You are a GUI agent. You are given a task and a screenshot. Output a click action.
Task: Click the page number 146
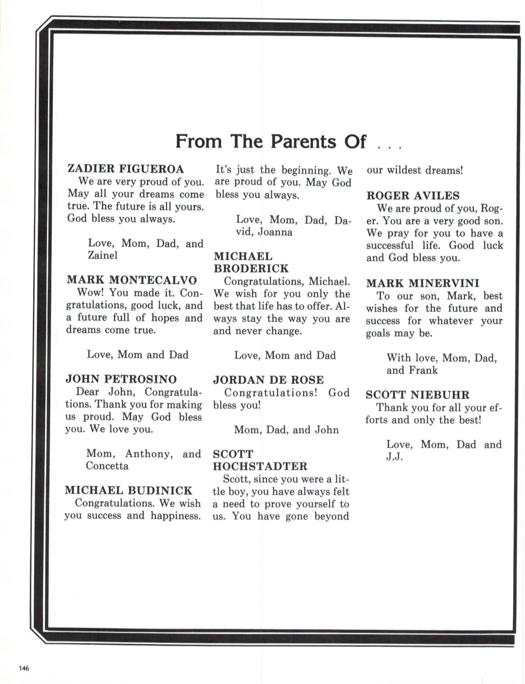coord(24,668)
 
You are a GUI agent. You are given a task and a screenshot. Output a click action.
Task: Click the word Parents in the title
coord(303,142)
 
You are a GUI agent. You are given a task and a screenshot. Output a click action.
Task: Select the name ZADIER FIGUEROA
coord(126,169)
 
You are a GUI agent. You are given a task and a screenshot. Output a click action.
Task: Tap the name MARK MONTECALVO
coord(132,280)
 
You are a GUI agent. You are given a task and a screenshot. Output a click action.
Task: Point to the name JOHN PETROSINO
coord(121,379)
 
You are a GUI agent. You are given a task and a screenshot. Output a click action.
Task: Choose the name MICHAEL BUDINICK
coord(128,490)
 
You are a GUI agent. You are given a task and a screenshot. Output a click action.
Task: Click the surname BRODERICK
coord(251,269)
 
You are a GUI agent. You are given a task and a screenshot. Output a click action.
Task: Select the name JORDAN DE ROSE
coord(268,380)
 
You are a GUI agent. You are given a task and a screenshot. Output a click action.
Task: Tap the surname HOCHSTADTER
coord(260,466)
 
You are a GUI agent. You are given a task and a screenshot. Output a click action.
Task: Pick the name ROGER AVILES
coord(413,195)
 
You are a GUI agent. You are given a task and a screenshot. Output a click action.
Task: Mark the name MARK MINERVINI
coord(422,283)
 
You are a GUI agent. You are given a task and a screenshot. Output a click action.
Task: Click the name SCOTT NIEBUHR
coord(417,395)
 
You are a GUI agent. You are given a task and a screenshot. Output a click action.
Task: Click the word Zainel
coord(103,255)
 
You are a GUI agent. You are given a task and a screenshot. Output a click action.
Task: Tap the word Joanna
coord(275,232)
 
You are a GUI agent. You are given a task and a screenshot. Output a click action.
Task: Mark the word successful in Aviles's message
coord(390,245)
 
